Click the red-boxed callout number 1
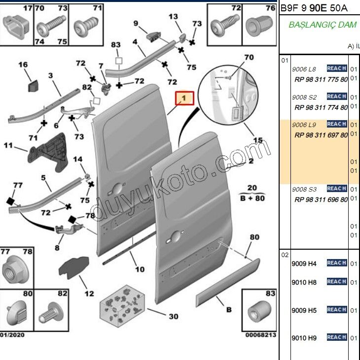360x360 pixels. pos(183,99)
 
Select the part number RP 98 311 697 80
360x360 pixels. pos(321,135)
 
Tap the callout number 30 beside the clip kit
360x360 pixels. pos(174,317)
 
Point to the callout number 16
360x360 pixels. pos(23,65)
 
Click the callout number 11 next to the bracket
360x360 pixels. pos(8,145)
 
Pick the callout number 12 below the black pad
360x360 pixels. pos(89,294)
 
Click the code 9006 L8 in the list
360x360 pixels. pos(304,69)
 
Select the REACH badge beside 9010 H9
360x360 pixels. pos(336,337)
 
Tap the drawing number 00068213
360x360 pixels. pos(261,335)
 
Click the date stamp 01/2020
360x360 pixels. pos(12,335)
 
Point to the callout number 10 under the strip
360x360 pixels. pos(140,269)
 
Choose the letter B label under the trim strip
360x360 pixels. pos(228,310)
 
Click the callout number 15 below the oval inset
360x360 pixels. pos(257,141)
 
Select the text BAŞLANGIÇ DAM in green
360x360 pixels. pos(323,25)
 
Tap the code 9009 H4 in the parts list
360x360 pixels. pos(304,263)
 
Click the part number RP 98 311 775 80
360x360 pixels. pos(321,79)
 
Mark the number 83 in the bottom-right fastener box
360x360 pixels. pos(270,294)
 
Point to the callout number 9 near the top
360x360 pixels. pos(135,23)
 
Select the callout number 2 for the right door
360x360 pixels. pos(251,161)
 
